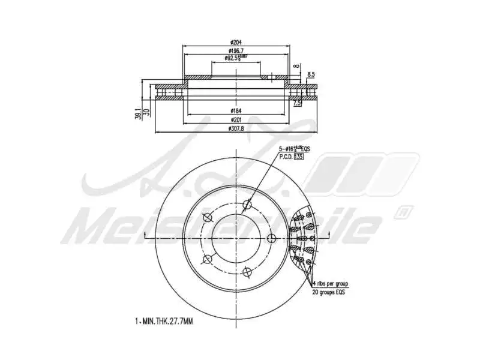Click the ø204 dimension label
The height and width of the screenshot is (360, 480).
(235, 42)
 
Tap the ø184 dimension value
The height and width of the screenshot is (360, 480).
(235, 110)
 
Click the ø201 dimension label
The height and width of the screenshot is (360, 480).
(235, 119)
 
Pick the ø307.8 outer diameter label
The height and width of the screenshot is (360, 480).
(235, 128)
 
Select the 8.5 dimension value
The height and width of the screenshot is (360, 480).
(311, 74)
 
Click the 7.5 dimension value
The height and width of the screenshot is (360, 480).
(296, 103)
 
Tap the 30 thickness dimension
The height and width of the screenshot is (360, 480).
(146, 112)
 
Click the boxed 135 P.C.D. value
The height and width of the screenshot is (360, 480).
(299, 157)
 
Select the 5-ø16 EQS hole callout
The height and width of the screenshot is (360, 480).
(294, 148)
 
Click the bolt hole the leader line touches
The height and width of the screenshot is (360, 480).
(247, 206)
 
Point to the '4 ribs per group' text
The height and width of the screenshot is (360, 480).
(331, 283)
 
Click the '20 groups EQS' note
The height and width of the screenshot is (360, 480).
(329, 292)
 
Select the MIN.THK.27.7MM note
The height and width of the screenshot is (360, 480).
(164, 322)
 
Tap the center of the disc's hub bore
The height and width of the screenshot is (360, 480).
(235, 238)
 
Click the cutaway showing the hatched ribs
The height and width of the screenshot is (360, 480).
(303, 238)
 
